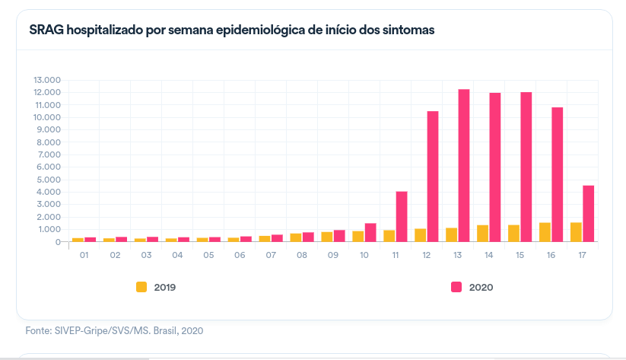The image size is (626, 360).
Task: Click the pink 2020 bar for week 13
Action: [464, 165]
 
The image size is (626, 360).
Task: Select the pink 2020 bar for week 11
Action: [402, 216]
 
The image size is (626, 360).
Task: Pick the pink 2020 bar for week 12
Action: [433, 176]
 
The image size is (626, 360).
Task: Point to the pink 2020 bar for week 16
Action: [558, 174]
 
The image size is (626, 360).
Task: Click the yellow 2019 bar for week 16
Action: [545, 232]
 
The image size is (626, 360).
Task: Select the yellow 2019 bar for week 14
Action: [482, 234]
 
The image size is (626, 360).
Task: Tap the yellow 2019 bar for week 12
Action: [420, 235]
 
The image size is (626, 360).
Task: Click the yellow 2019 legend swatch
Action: [141, 287]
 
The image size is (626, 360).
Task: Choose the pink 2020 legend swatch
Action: [456, 287]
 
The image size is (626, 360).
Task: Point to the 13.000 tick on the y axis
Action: [46, 80]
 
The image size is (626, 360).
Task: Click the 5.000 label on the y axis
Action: [49, 180]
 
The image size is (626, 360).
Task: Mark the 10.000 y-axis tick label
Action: [46, 117]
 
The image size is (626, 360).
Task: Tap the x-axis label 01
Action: [84, 255]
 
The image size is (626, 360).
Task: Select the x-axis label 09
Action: [333, 255]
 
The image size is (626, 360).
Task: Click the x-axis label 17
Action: [582, 255]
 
